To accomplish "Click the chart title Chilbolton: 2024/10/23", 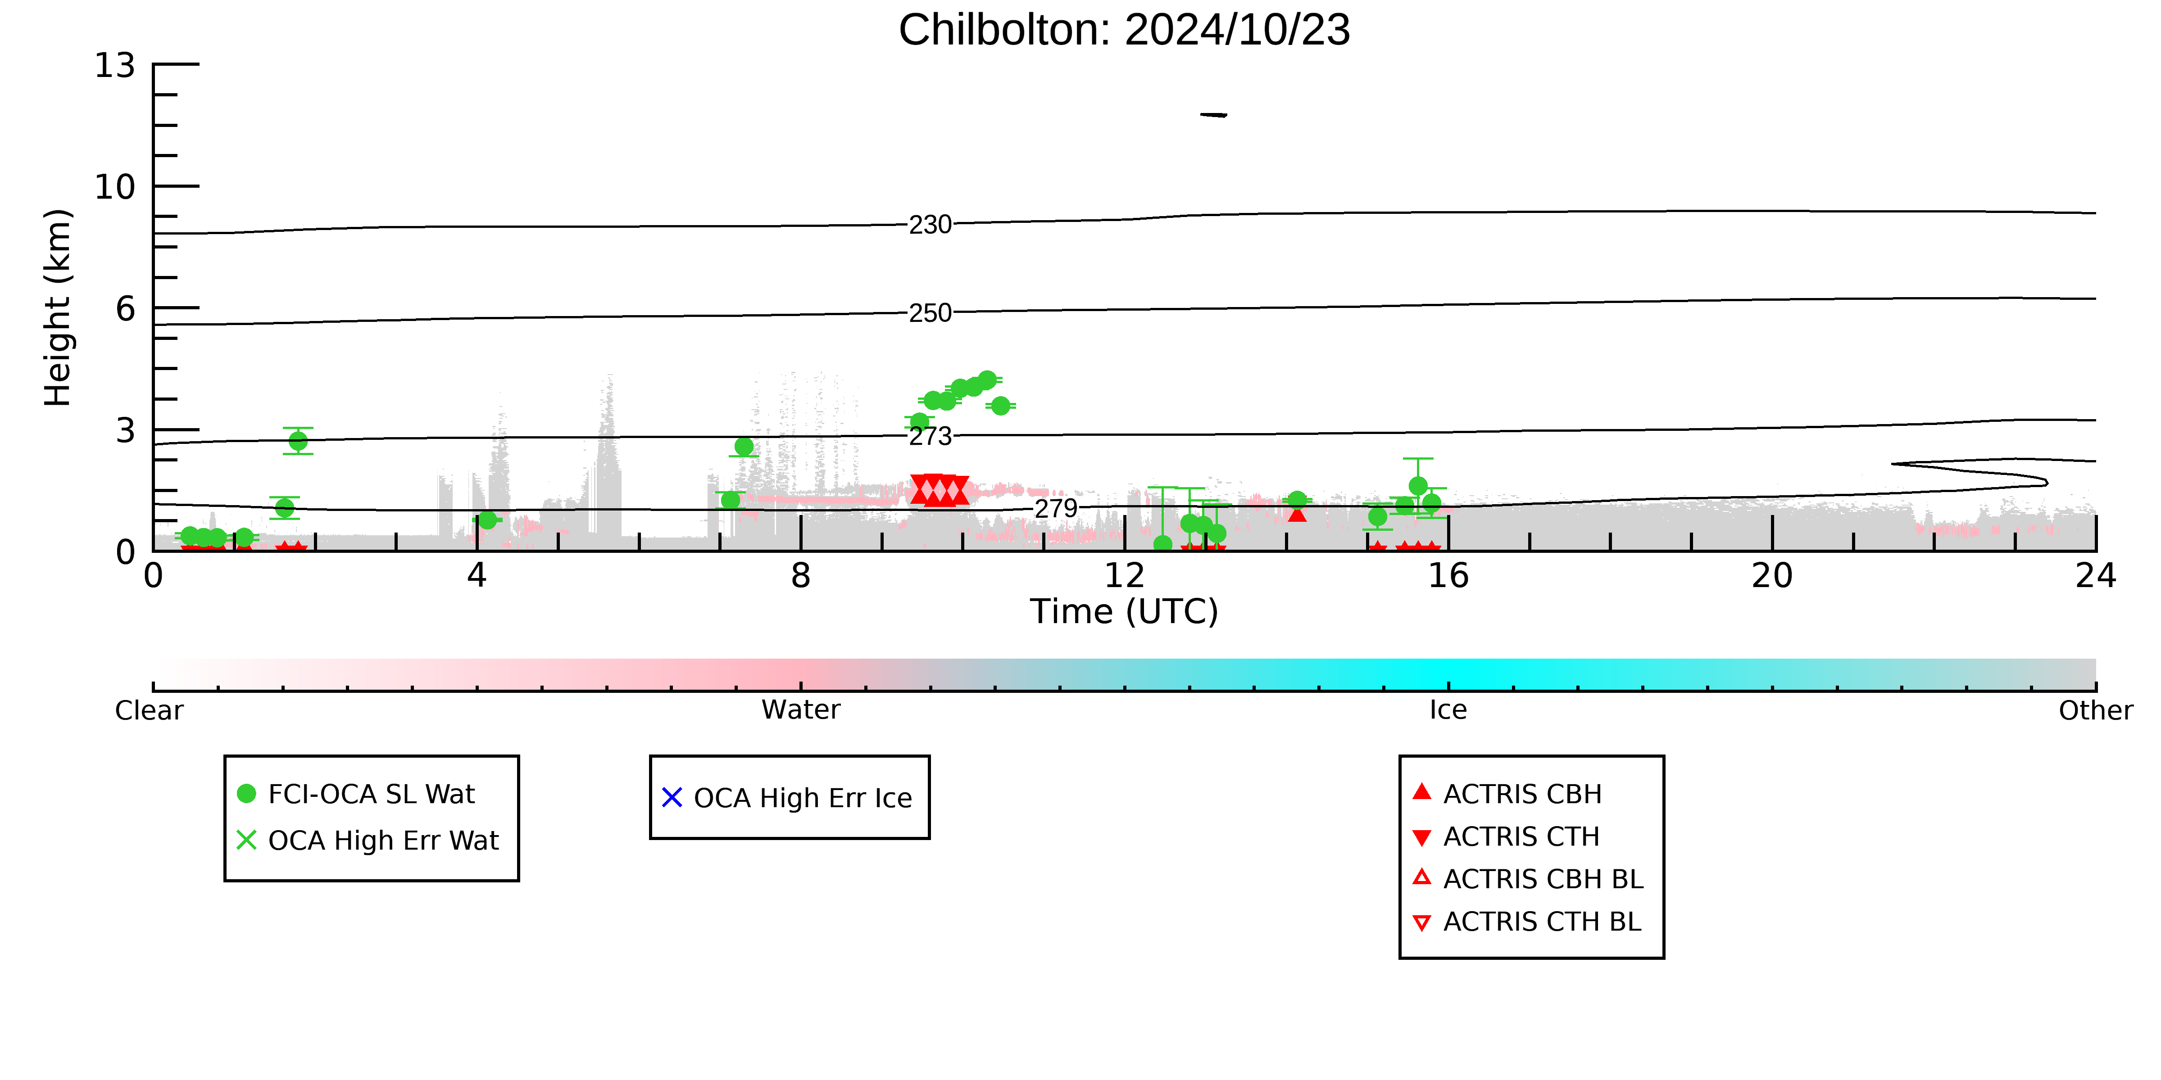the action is (x=1124, y=30).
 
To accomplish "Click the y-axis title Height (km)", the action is (x=58, y=308).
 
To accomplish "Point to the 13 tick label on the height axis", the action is (x=115, y=65).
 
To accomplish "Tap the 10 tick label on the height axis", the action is (x=115, y=187).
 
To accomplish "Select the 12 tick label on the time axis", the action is (x=1124, y=576).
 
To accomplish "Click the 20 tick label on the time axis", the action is (x=1772, y=576).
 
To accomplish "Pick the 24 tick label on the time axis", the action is (x=2096, y=576).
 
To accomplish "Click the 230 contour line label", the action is (x=931, y=225).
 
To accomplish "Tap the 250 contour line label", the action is (x=931, y=313).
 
